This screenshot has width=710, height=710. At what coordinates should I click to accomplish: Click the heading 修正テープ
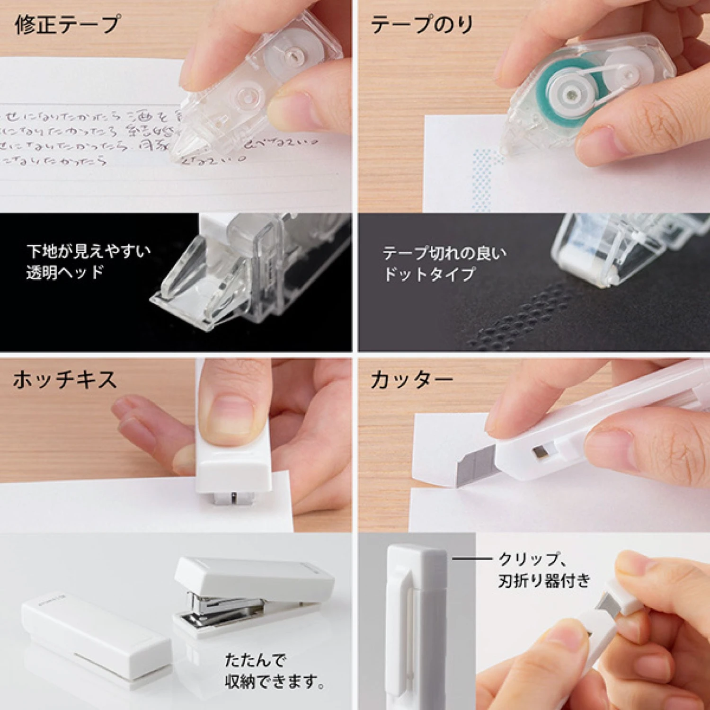click(67, 25)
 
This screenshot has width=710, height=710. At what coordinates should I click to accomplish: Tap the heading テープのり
click(421, 25)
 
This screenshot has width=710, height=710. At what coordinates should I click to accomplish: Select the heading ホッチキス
click(65, 380)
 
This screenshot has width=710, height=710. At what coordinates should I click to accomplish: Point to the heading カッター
click(411, 380)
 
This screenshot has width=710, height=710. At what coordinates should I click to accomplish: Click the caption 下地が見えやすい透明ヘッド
click(89, 262)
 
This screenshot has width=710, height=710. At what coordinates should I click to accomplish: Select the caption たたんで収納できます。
click(275, 671)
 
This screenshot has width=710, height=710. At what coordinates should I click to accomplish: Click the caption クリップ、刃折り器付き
click(544, 570)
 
